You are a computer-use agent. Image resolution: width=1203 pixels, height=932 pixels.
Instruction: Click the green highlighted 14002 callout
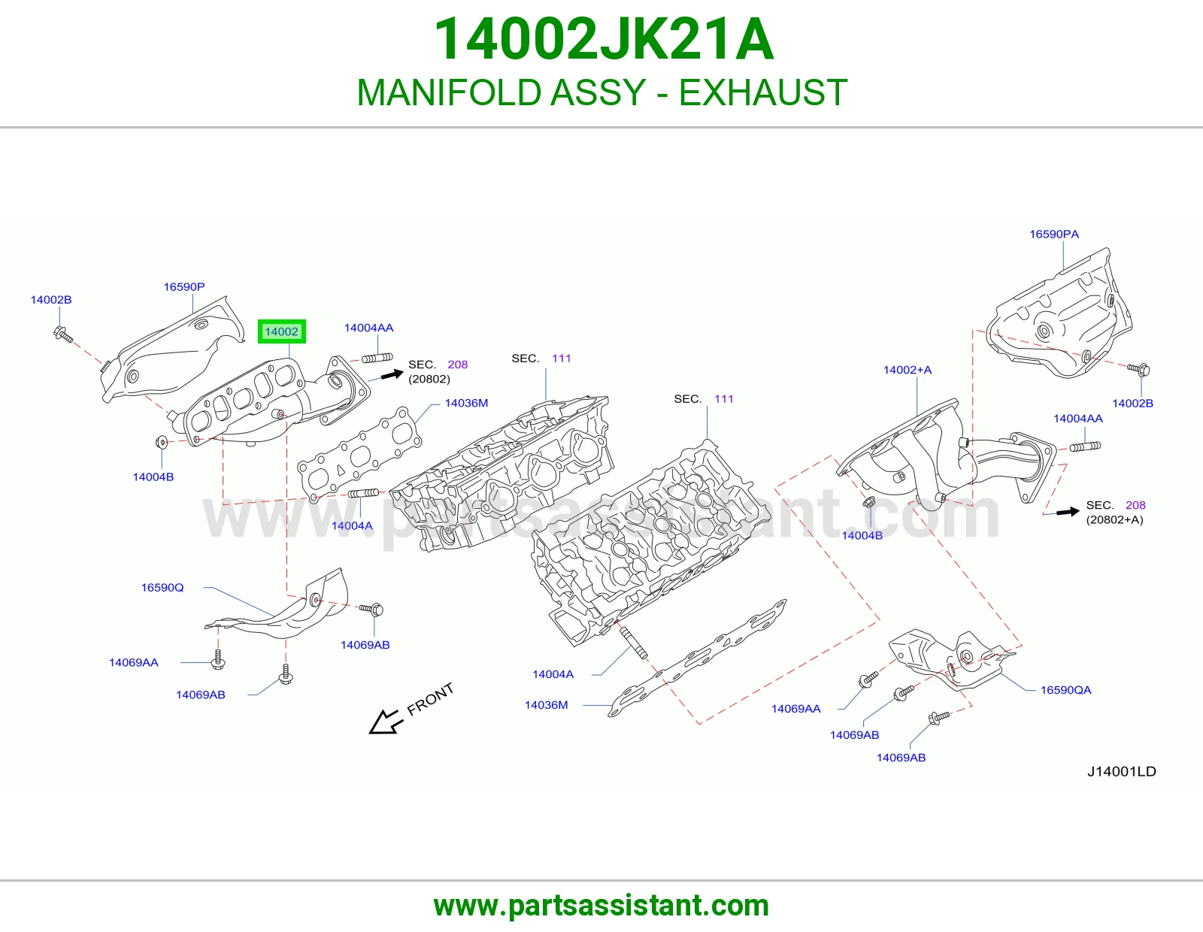tap(281, 331)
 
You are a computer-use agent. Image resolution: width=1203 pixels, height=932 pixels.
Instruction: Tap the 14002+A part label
tap(907, 370)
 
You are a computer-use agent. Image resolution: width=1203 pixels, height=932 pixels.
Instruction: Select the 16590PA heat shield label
tap(1053, 234)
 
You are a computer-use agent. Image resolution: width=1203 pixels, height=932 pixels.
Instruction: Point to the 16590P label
tap(183, 286)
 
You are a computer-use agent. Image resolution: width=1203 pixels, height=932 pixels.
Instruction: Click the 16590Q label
tap(162, 587)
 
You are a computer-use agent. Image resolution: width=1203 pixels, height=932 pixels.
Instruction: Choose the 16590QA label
tap(1065, 689)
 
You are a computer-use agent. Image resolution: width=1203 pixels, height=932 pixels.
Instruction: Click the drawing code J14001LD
tap(1122, 771)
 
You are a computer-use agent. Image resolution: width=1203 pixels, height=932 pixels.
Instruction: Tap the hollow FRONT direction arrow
tap(386, 722)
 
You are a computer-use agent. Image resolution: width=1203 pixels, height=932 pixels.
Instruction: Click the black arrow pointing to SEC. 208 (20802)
tap(392, 375)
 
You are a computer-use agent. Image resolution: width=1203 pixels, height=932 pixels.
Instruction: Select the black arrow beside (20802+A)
tap(1068, 512)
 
